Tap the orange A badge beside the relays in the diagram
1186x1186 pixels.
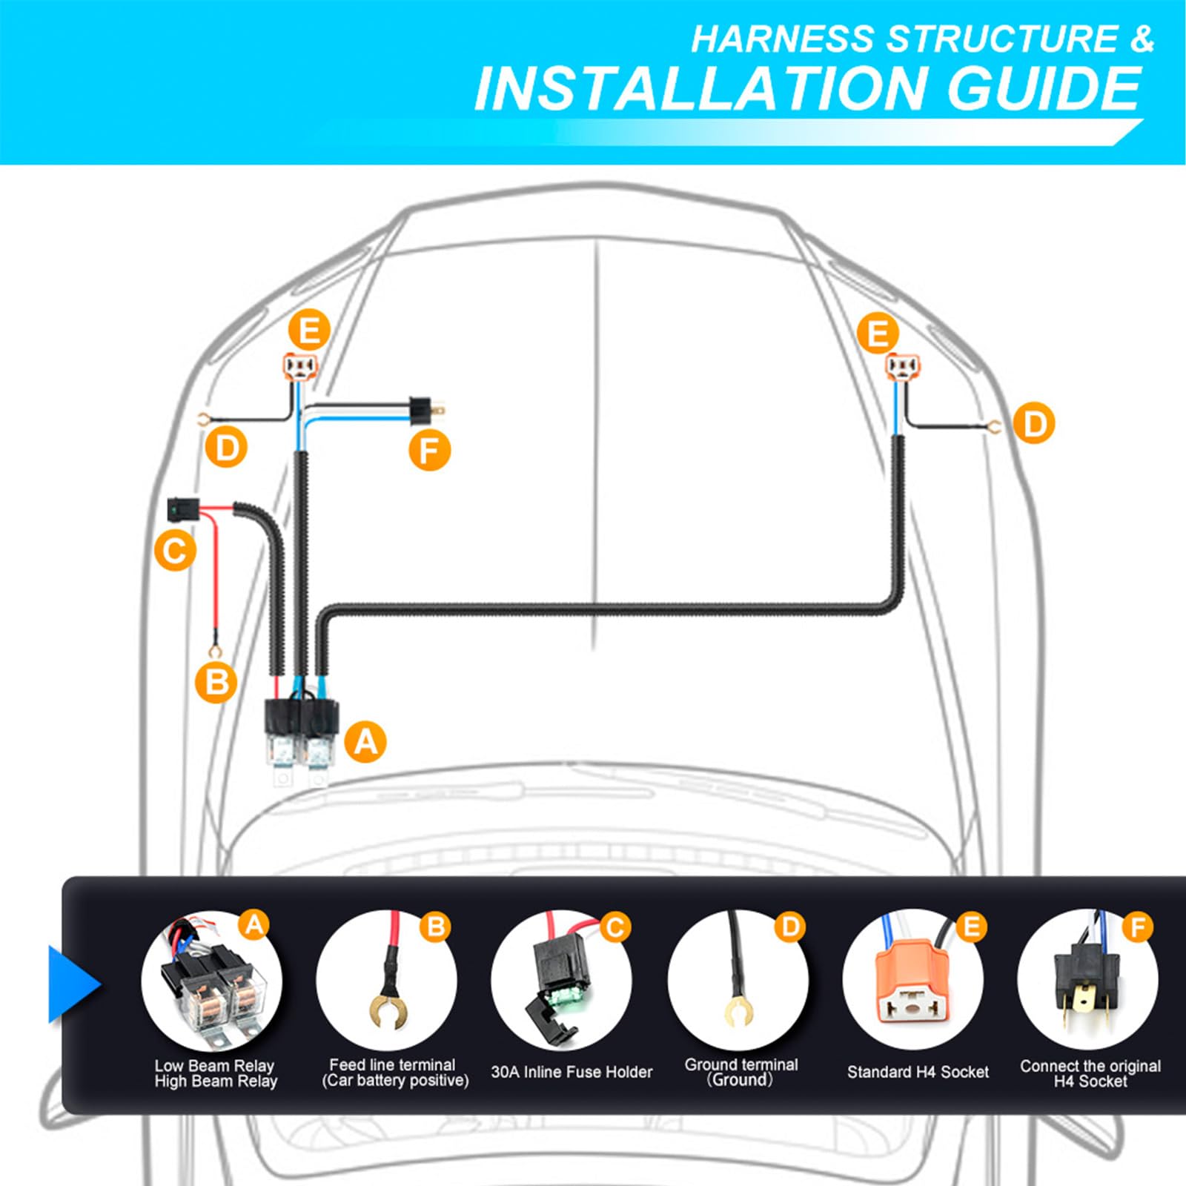click(365, 741)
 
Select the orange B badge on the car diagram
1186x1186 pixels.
click(216, 682)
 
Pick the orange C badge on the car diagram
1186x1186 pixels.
click(175, 551)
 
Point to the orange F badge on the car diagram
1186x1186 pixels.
click(430, 450)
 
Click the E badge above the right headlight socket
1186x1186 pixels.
click(878, 333)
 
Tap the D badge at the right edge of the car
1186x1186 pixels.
click(1034, 423)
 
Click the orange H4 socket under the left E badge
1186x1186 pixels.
click(299, 365)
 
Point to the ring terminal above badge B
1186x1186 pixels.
click(216, 651)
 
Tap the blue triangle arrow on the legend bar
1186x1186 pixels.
click(73, 984)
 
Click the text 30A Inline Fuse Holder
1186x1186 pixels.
click(572, 1072)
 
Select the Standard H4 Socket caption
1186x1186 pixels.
click(918, 1072)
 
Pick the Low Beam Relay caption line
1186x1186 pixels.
click(214, 1065)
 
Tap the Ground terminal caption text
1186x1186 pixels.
click(741, 1064)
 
